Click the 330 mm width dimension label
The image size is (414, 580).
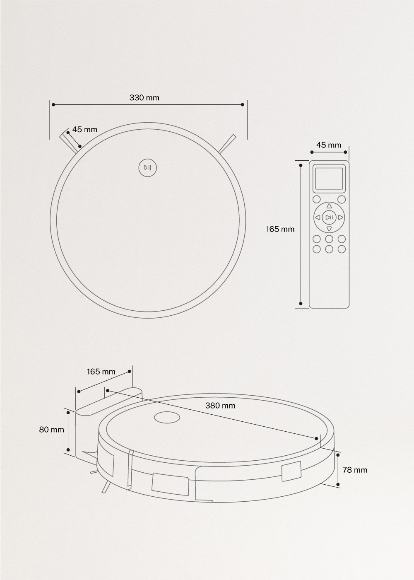[144, 98]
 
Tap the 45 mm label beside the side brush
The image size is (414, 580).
[85, 130]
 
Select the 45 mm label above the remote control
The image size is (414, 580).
[329, 145]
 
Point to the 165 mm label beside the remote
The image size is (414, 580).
[280, 229]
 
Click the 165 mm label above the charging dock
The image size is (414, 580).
[101, 372]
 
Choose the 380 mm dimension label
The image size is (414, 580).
[220, 406]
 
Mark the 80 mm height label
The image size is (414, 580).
[52, 430]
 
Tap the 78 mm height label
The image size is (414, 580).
[354, 470]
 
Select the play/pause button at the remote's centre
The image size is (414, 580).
[329, 217]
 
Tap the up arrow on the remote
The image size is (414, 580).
[329, 206]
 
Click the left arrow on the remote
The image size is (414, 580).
[317, 217]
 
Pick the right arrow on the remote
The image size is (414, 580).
[340, 217]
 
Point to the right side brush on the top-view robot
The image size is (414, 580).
[228, 143]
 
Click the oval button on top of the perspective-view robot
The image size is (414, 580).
[167, 418]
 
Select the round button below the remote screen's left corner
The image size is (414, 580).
[317, 199]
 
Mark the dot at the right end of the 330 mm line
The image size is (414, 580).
[242, 105]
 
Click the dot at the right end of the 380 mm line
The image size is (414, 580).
[317, 438]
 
